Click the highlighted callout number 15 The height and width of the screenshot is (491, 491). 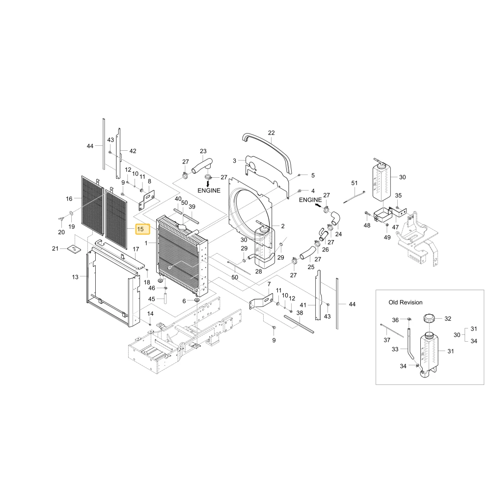coord(140,229)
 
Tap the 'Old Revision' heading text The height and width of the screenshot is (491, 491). coord(406,302)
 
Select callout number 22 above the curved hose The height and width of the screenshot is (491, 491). coord(272,133)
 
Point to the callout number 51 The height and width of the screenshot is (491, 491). coord(354,183)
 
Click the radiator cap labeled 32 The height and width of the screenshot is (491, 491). coord(430,319)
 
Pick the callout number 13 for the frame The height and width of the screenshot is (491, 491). coord(75,277)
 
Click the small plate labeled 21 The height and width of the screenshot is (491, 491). coord(74,249)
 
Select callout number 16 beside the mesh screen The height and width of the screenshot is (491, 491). coord(69,198)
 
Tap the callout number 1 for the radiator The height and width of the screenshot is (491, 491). coord(146,243)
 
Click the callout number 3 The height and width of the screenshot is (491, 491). coord(234,161)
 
